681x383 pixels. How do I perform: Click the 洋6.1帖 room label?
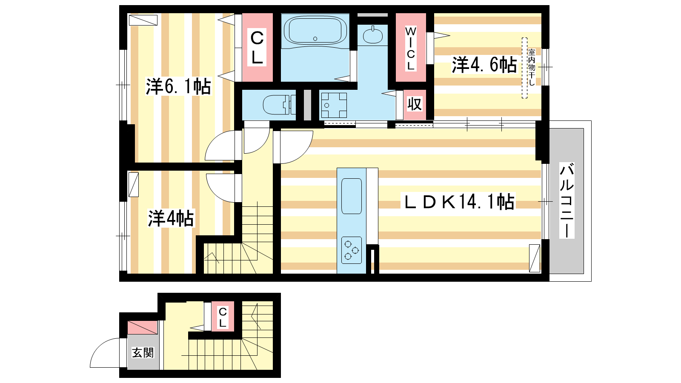(178, 87)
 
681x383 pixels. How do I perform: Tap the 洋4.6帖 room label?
(484, 64)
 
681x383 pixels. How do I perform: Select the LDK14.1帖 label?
(459, 202)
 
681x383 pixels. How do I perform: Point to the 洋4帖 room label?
(171, 218)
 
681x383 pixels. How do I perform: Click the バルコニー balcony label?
(567, 200)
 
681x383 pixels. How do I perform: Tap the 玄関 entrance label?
(143, 353)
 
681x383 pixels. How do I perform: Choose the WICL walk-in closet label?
(411, 49)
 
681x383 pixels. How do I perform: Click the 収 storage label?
(415, 104)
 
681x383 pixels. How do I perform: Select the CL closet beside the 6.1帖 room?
(257, 47)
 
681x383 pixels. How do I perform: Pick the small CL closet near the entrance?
(223, 317)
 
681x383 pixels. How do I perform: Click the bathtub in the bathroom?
(315, 31)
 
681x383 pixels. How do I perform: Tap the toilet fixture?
(279, 105)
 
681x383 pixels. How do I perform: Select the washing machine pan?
(334, 105)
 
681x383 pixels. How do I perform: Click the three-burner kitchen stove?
(352, 250)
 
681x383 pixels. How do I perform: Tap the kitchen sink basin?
(352, 196)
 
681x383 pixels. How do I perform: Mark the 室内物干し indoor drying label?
(532, 68)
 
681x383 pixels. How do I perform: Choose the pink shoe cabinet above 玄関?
(142, 327)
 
